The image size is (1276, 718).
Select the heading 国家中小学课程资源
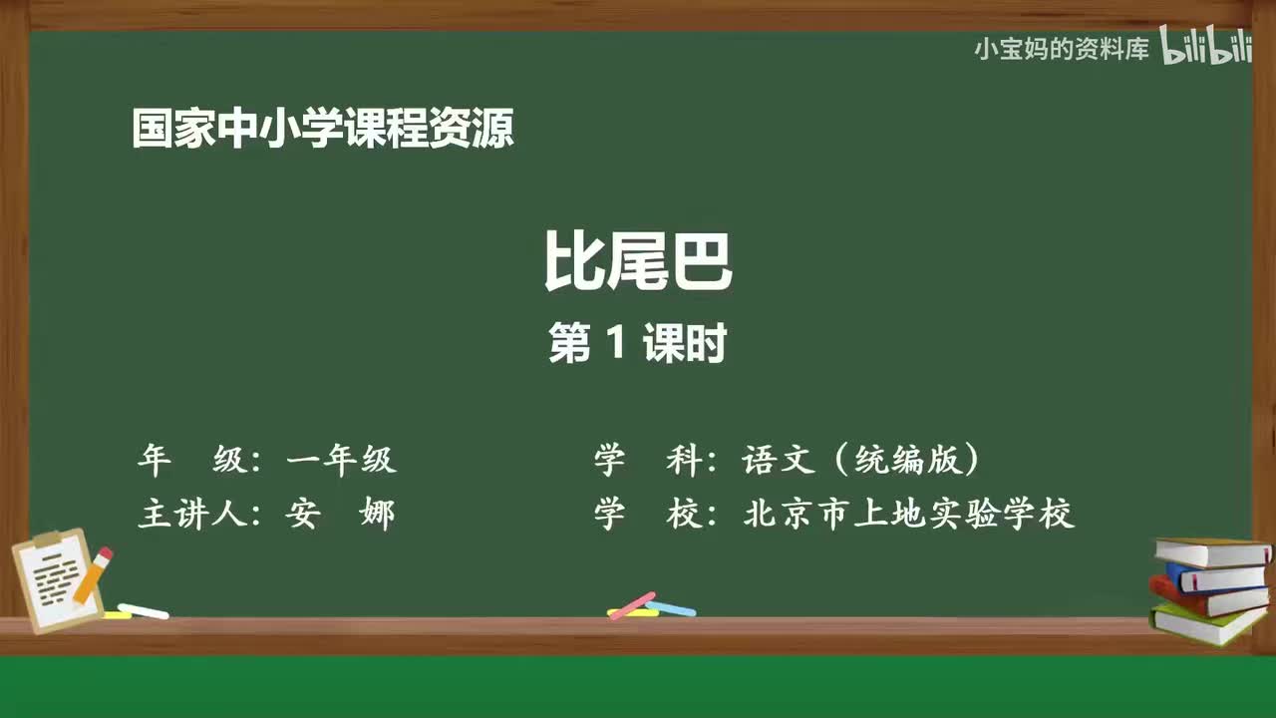point(323,130)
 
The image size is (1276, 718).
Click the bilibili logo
point(1206,47)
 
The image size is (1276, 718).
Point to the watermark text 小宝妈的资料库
point(1062,49)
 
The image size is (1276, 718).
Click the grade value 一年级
point(341,460)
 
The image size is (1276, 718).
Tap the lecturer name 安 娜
point(340,515)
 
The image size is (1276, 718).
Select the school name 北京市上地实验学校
point(908,515)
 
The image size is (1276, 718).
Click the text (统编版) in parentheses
point(903,460)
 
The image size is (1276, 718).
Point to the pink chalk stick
point(631,604)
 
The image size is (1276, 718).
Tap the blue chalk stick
point(672,608)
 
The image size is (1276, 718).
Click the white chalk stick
point(144,610)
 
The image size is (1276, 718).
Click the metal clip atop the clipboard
point(47,540)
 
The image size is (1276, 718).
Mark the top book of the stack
point(1211,551)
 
